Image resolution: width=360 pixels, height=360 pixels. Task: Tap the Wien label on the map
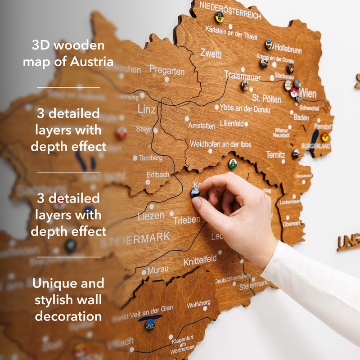click(x=308, y=94)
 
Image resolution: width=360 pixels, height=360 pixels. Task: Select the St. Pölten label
click(x=267, y=98)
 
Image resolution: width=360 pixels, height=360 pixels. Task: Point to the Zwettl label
click(x=211, y=54)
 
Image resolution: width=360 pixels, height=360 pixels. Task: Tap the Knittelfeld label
click(x=200, y=260)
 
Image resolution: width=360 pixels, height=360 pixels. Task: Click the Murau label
click(x=158, y=270)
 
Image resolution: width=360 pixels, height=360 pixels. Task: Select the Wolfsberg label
click(x=199, y=305)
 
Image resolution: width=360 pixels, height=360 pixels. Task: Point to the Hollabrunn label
click(x=288, y=47)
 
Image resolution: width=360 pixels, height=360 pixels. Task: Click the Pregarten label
click(x=167, y=71)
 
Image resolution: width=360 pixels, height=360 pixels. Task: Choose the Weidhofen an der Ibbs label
click(x=220, y=144)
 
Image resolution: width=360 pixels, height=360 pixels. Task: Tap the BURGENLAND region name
click(x=315, y=146)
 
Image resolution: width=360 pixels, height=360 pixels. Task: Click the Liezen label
click(x=151, y=216)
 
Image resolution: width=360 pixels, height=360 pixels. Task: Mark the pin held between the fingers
click(x=195, y=193)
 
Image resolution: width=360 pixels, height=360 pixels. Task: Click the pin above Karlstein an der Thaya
click(x=219, y=17)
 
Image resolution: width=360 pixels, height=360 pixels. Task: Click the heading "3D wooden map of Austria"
click(x=68, y=53)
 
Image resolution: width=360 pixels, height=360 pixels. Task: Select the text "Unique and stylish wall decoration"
click(x=68, y=299)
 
